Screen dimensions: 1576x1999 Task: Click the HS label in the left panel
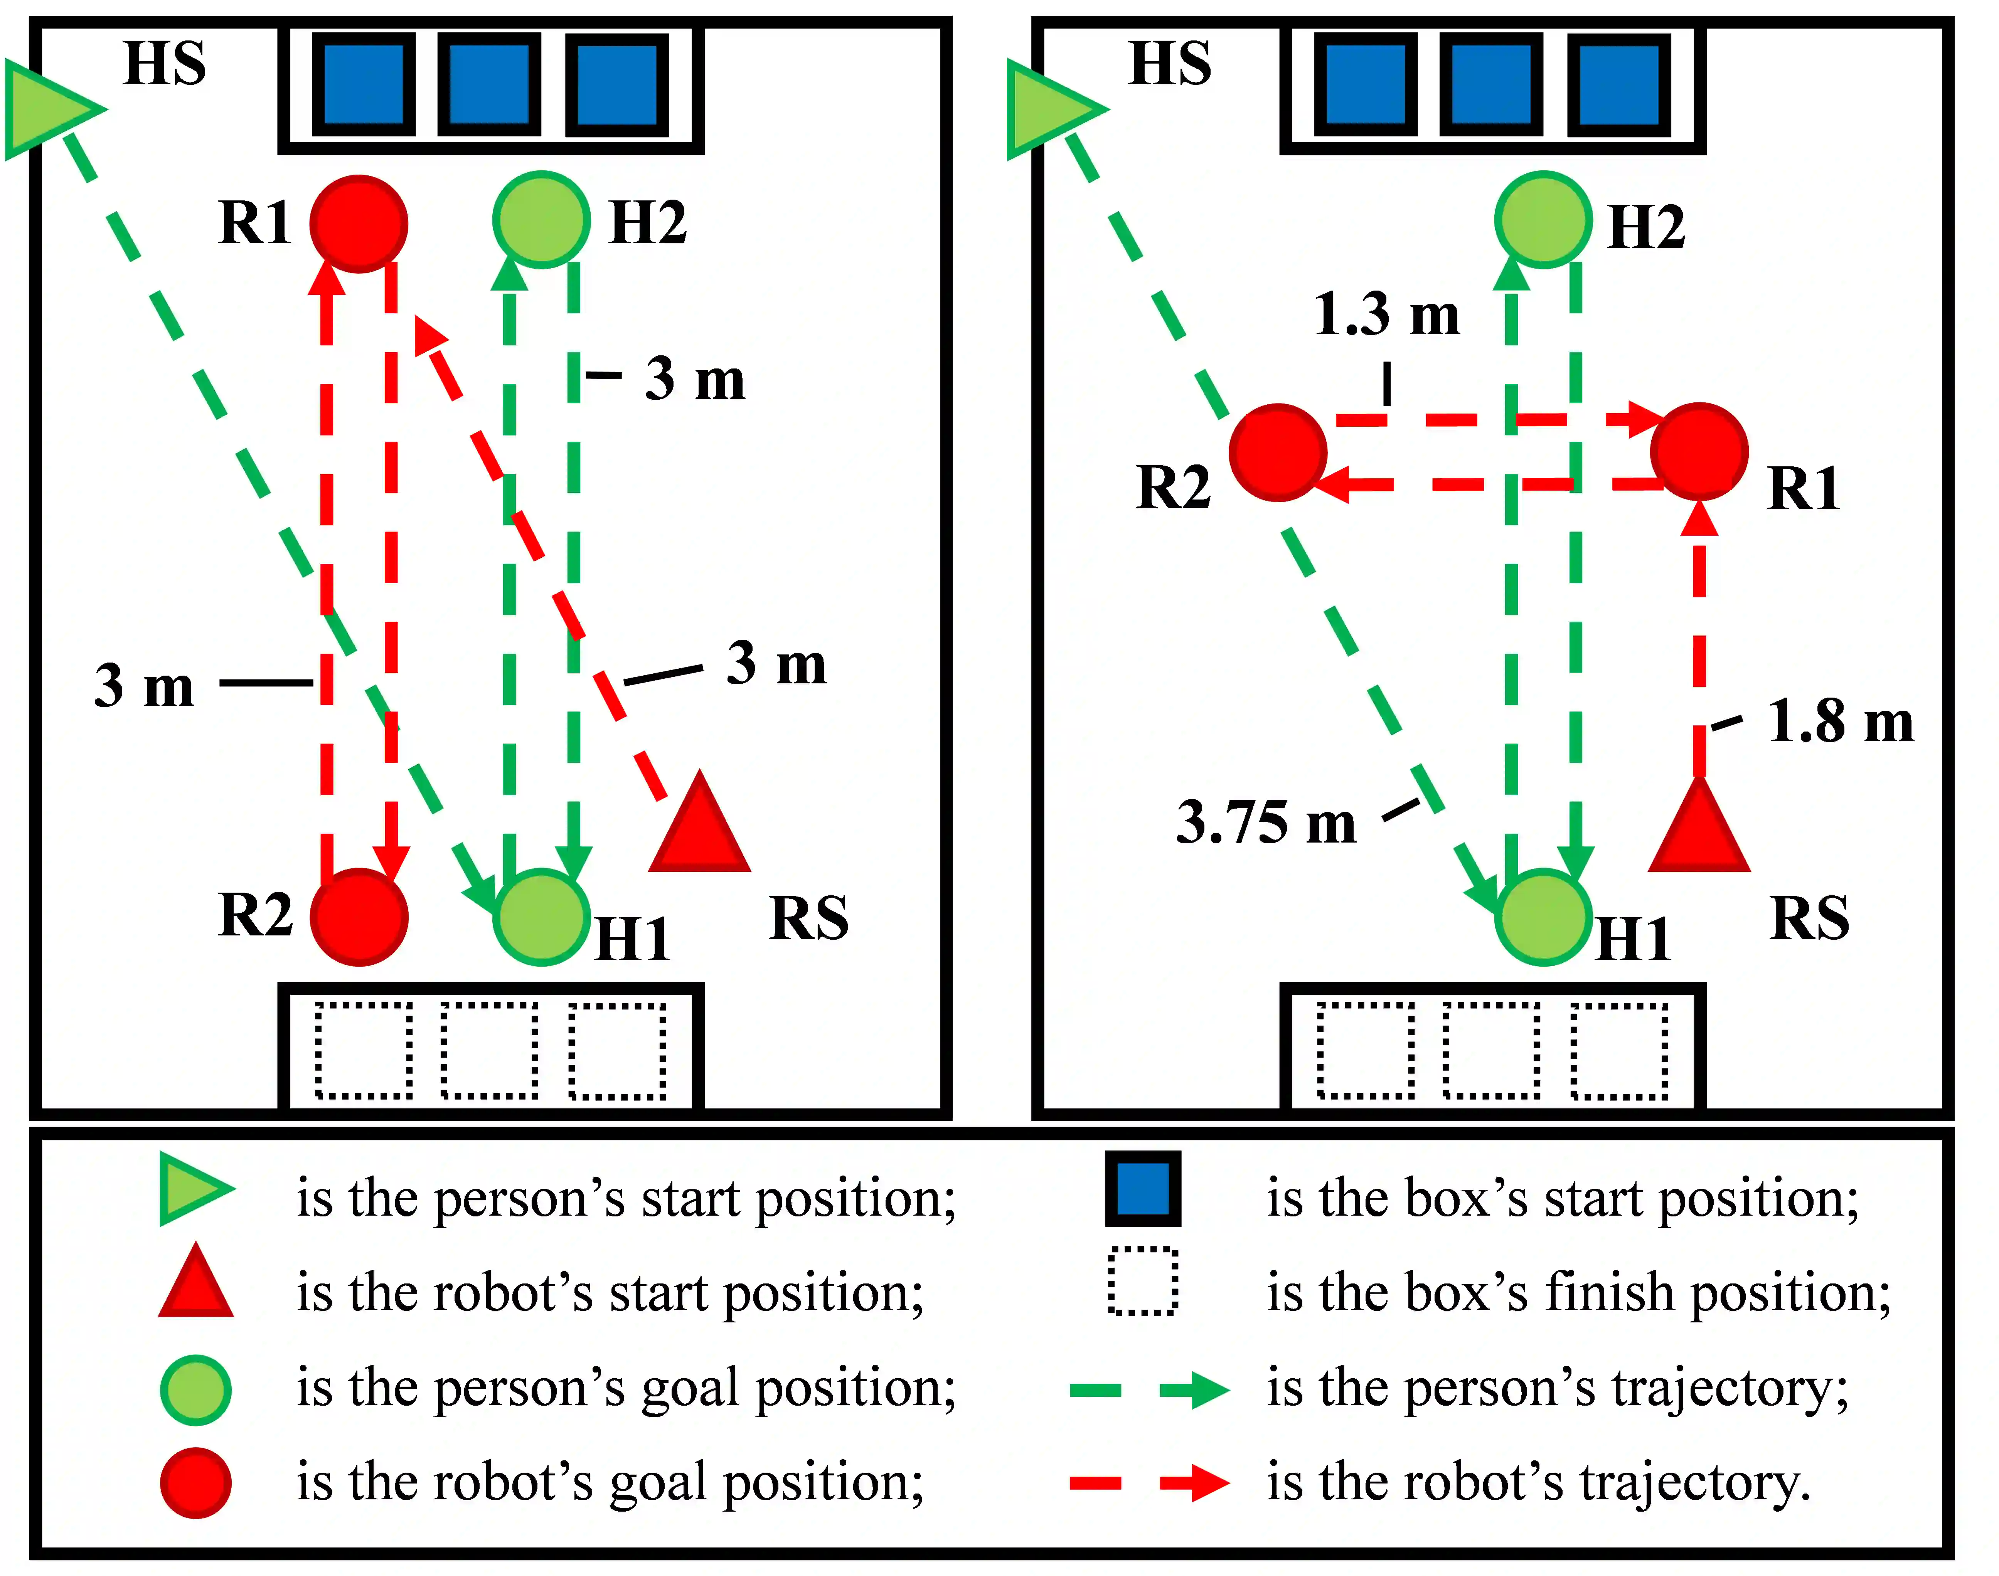pos(164,65)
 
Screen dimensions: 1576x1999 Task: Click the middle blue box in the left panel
pos(489,85)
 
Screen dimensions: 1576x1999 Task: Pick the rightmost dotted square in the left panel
pos(617,1051)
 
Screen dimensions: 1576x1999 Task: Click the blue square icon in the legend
pos(1143,1189)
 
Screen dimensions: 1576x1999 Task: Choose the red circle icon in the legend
pos(195,1483)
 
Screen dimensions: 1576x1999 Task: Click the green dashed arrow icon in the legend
pos(1149,1389)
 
